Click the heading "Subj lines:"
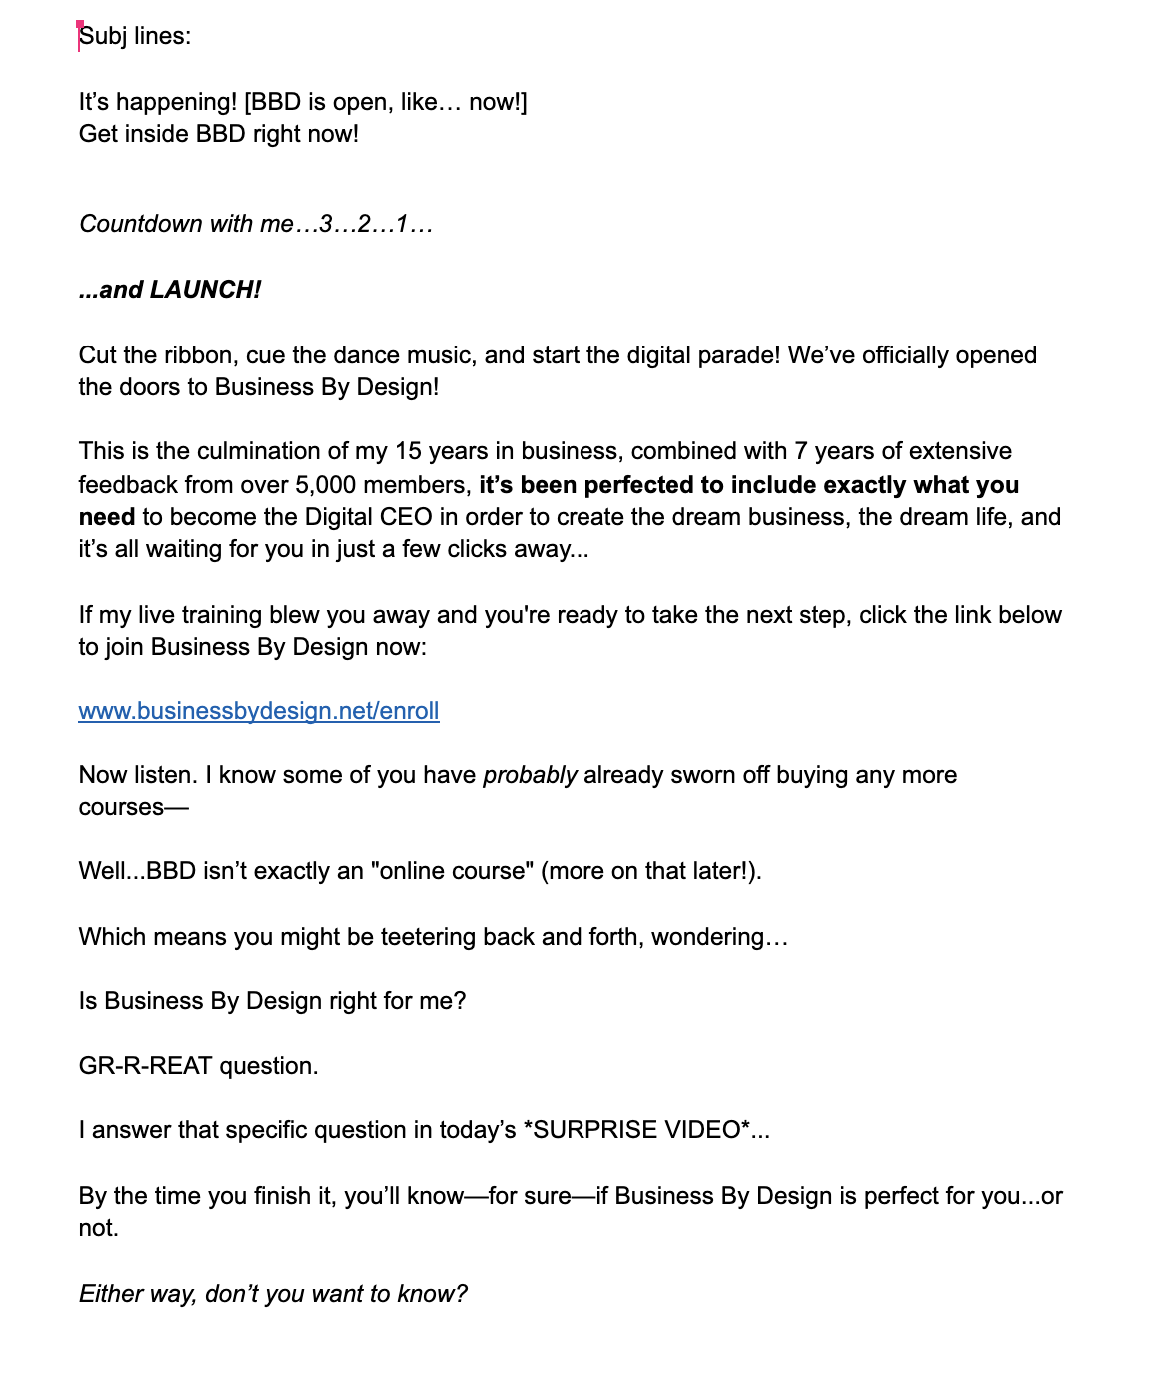pyautogui.click(x=135, y=36)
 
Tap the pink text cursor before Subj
pyautogui.click(x=79, y=36)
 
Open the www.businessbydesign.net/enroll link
pyautogui.click(x=259, y=711)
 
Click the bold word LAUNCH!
pyautogui.click(x=205, y=290)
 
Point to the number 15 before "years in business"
pyautogui.click(x=408, y=451)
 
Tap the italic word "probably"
pyautogui.click(x=530, y=775)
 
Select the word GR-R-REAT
pyautogui.click(x=145, y=1066)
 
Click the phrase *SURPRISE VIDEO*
pyautogui.click(x=636, y=1130)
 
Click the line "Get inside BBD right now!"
pyautogui.click(x=218, y=134)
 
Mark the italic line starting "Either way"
pyautogui.click(x=273, y=1294)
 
